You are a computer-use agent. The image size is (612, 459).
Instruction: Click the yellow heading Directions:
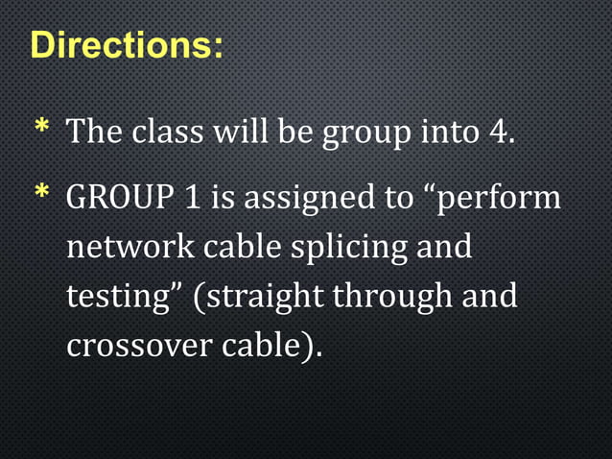[x=128, y=45]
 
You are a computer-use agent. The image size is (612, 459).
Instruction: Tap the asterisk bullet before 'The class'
[x=42, y=130]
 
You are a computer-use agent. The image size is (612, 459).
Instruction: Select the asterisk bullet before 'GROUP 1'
[x=42, y=197]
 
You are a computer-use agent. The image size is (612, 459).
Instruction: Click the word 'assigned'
[x=306, y=201]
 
